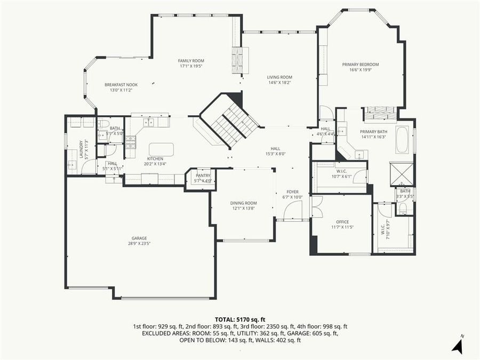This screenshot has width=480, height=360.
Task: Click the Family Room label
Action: (x=191, y=61)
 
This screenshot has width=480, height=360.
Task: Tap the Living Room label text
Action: (x=279, y=77)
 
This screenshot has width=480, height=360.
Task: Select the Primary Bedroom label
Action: (x=360, y=65)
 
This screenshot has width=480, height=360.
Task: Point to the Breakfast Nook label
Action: (x=121, y=85)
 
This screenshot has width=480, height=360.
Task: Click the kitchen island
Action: (x=161, y=149)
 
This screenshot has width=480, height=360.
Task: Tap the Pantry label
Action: (x=203, y=175)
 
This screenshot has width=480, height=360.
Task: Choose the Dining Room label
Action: (x=243, y=203)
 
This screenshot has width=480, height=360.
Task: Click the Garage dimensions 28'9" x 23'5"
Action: (x=139, y=243)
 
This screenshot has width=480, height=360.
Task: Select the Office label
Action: (x=342, y=222)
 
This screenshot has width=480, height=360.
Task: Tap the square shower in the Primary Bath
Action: (x=401, y=173)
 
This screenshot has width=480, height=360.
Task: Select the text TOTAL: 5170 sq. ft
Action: (x=240, y=318)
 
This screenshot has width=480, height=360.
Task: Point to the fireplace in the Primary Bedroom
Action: (x=381, y=113)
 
